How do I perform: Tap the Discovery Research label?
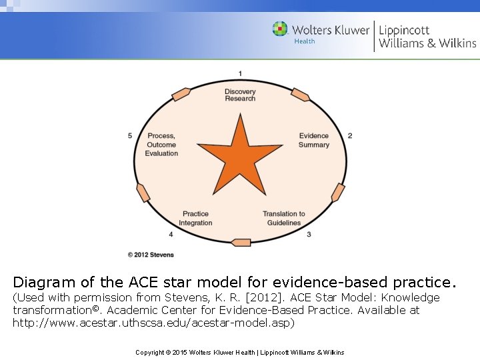(x=240, y=95)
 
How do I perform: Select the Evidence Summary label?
(x=313, y=141)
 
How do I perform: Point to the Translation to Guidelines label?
(x=284, y=218)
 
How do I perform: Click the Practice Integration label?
(x=195, y=218)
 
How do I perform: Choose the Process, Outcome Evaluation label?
(x=161, y=145)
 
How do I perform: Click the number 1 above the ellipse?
(x=240, y=73)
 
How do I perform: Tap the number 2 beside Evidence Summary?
(x=350, y=136)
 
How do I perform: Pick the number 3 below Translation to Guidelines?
(x=309, y=235)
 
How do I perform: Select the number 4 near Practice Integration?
(x=171, y=235)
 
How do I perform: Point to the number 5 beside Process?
(x=130, y=136)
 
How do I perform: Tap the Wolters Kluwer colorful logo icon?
(x=280, y=29)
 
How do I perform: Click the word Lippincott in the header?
(x=404, y=30)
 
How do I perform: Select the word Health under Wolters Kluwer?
(x=305, y=41)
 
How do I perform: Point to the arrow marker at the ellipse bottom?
(x=241, y=242)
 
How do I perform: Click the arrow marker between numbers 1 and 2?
(x=301, y=95)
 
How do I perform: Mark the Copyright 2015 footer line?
(x=239, y=352)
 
